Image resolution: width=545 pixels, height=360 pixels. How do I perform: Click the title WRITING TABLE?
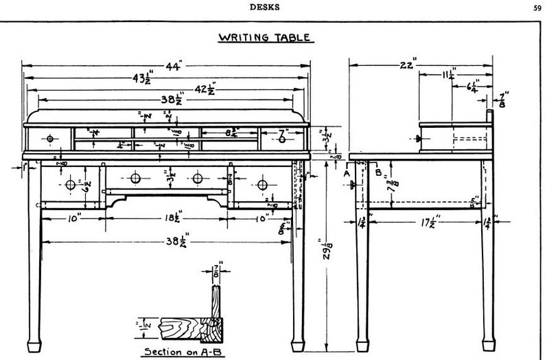tap(264, 37)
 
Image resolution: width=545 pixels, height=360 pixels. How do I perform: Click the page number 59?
tap(535, 8)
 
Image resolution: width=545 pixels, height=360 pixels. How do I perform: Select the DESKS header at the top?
tap(264, 8)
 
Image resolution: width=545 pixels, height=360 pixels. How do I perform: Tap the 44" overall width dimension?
tap(171, 67)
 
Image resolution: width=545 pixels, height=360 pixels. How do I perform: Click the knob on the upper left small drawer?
tap(50, 139)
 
